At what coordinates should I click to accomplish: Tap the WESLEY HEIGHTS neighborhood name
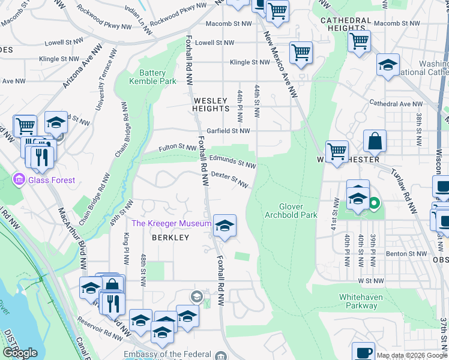tap(211, 104)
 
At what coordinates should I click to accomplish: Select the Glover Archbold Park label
tap(291, 210)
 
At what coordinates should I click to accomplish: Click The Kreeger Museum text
tap(171, 224)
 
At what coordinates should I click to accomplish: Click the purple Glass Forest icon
tap(19, 179)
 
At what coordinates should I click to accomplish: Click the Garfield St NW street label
tap(229, 131)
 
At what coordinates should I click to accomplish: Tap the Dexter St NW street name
tap(229, 179)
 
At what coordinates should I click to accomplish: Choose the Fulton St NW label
tap(178, 148)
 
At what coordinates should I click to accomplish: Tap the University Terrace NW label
tap(103, 80)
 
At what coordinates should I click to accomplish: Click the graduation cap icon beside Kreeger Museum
tap(224, 226)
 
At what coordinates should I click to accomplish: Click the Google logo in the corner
tap(20, 353)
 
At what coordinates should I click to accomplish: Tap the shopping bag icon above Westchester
tap(375, 142)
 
